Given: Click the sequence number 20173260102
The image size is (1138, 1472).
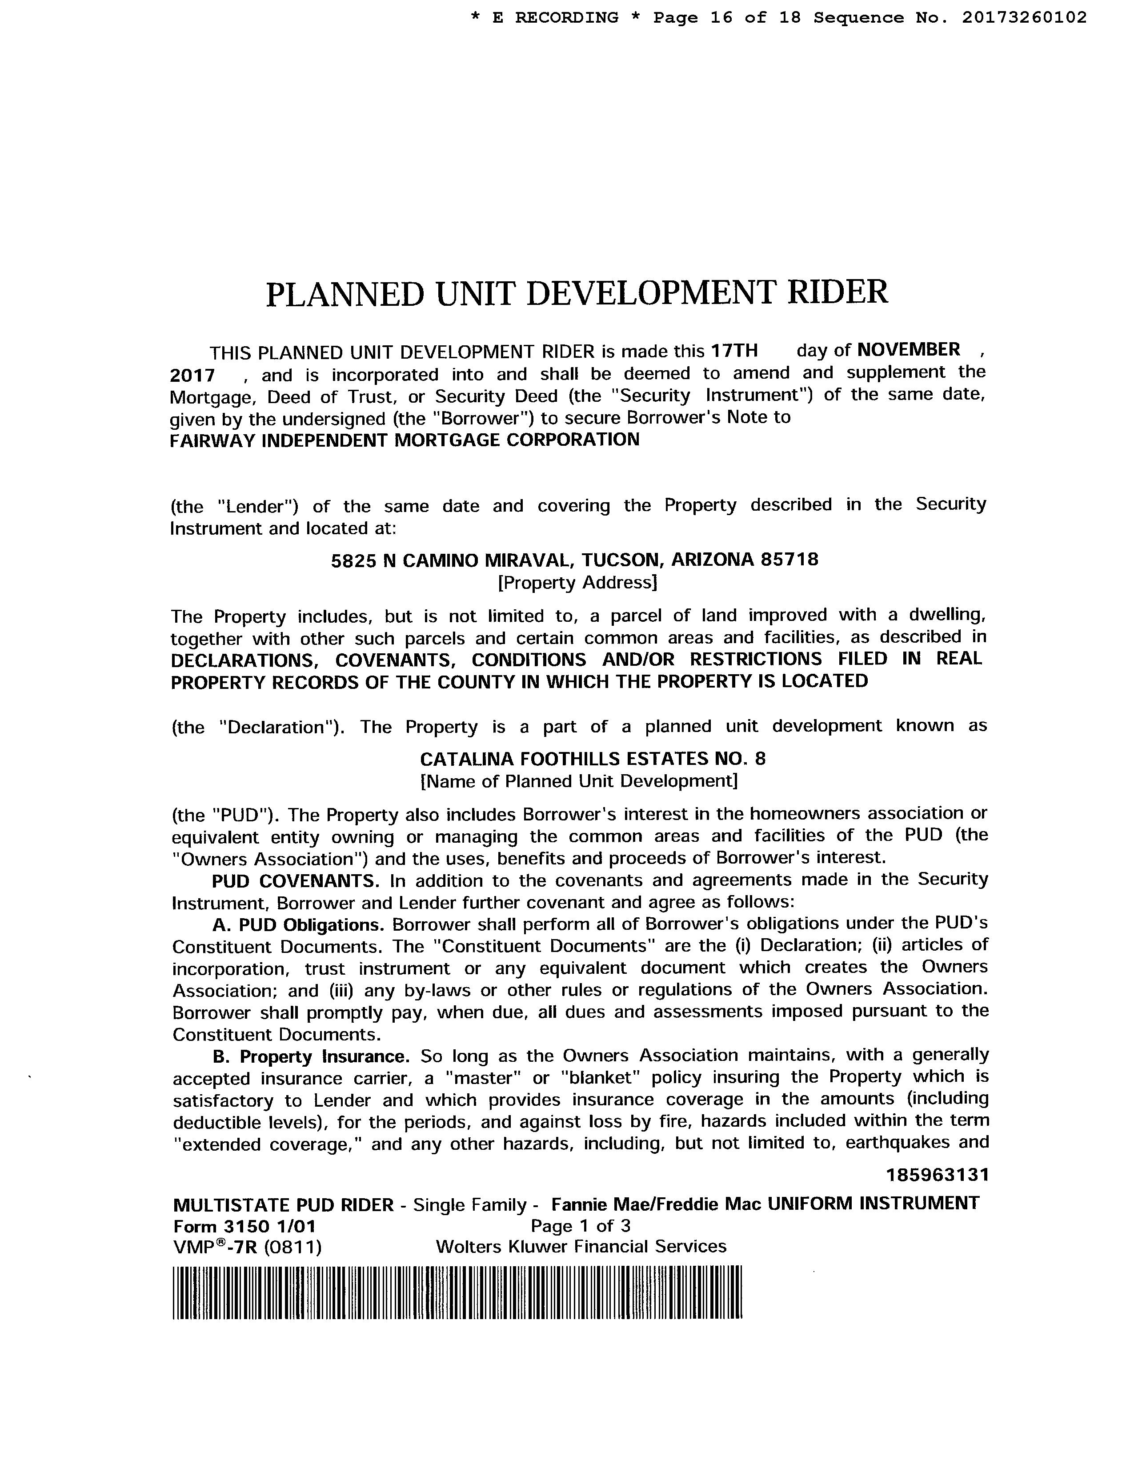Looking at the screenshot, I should (x=1023, y=17).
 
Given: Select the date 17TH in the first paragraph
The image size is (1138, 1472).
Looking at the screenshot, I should (x=735, y=351).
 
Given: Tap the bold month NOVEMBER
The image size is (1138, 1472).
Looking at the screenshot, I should (x=909, y=349).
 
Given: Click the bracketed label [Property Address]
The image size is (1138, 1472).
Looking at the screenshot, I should (x=577, y=582).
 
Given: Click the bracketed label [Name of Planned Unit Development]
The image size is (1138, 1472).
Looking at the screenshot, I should (x=578, y=781).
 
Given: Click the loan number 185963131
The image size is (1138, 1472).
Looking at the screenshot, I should (x=937, y=1175).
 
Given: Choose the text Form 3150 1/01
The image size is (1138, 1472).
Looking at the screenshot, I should (x=244, y=1225).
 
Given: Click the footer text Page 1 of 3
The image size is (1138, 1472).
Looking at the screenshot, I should (x=581, y=1225).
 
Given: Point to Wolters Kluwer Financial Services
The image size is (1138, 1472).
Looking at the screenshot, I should (x=581, y=1246).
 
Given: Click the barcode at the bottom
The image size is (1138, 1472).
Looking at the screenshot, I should (x=457, y=1292).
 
